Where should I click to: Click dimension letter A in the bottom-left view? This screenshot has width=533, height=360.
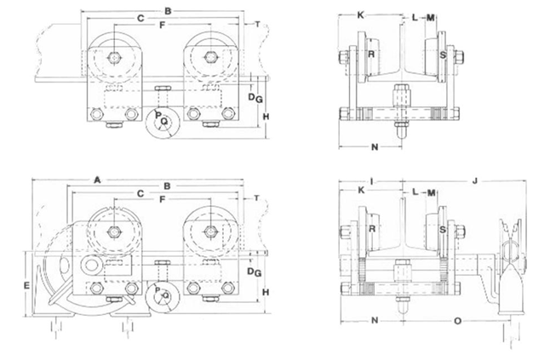tap(97, 180)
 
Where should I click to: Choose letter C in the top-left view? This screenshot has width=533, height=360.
tap(140, 18)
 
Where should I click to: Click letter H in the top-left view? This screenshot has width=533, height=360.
tap(266, 116)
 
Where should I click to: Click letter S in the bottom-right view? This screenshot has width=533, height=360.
tap(443, 228)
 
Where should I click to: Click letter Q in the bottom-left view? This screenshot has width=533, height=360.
tap(165, 295)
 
